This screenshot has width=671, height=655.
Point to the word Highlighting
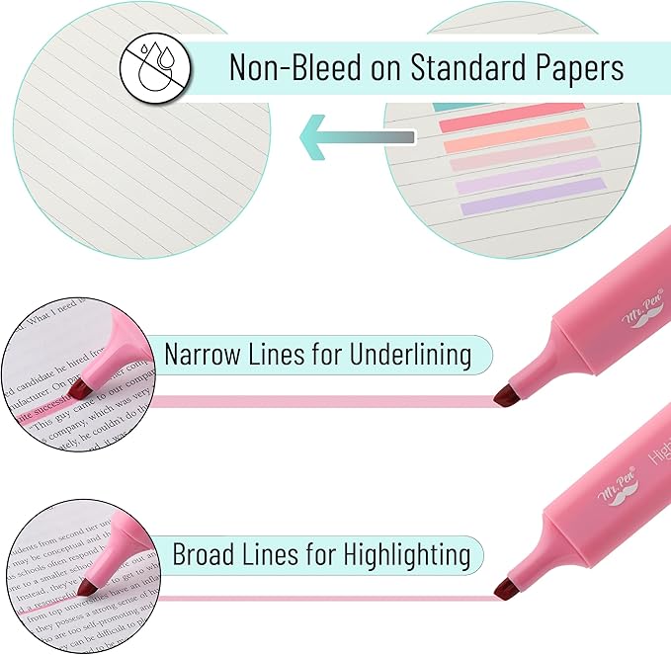[406, 554]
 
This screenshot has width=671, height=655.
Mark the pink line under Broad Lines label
[326, 597]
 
